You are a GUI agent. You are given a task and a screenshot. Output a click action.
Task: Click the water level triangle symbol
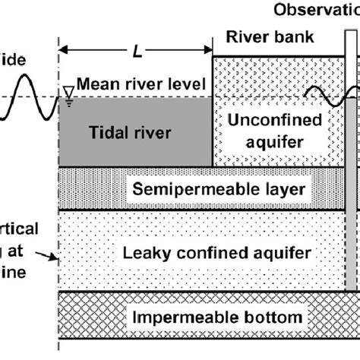(x=68, y=93)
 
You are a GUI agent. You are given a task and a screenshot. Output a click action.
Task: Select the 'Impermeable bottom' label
(x=208, y=317)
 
